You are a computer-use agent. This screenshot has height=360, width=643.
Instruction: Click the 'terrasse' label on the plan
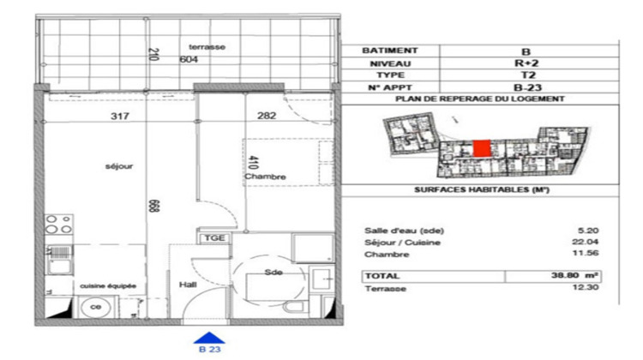[207, 47]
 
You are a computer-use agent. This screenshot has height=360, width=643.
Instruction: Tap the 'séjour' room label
[108, 166]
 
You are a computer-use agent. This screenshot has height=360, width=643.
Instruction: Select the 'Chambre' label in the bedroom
[264, 177]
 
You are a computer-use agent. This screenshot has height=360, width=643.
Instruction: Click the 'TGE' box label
[213, 237]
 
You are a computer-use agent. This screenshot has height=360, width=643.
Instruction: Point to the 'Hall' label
[189, 284]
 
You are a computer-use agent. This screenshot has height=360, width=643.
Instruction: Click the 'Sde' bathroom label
[273, 272]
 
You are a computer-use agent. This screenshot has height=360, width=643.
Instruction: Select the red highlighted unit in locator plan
[483, 149]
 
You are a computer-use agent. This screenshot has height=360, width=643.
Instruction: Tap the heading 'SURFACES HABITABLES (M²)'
[481, 189]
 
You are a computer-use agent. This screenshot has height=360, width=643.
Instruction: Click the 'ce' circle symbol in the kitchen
[96, 307]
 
